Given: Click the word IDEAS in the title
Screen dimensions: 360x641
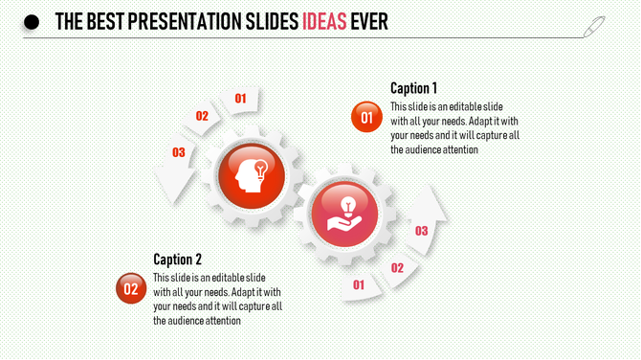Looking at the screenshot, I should [324, 22].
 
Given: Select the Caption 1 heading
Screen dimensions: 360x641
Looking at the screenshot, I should [414, 88].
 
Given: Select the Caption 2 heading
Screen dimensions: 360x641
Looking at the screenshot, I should [178, 259].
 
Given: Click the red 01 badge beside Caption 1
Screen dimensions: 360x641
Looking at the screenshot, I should [366, 117].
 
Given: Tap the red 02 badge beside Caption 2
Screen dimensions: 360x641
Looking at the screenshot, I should [131, 288].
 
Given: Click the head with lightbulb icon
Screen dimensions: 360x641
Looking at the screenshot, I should [247, 173].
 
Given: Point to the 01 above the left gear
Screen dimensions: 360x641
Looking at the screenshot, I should [241, 98].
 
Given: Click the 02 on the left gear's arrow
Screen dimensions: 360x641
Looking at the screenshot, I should [202, 116].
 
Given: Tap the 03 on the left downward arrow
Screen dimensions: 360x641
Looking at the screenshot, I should [178, 152].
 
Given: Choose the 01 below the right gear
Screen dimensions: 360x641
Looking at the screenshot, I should [359, 284].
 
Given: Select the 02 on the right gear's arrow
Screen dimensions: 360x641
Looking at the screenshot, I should [397, 268].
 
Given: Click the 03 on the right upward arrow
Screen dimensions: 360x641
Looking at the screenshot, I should [421, 231].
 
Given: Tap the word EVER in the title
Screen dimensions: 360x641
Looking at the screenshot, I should [369, 22].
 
